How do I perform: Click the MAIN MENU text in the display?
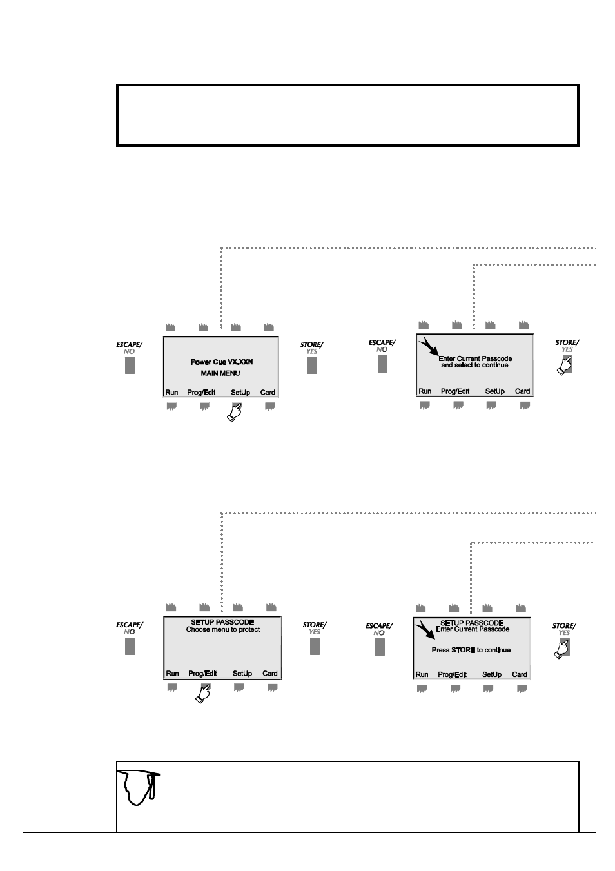[220, 373]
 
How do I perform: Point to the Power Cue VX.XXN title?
[222, 362]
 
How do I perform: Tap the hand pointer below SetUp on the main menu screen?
[235, 411]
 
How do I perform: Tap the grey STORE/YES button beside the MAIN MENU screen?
[313, 366]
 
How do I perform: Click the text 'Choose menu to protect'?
[223, 629]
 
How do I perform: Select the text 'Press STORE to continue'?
[471, 650]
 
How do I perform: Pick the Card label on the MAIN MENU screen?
[268, 393]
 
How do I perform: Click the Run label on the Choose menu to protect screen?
[172, 674]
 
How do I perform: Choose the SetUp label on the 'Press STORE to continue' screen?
[492, 674]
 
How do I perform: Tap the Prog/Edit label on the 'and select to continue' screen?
[455, 391]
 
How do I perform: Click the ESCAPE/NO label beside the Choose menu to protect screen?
[130, 628]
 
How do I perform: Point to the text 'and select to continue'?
[474, 366]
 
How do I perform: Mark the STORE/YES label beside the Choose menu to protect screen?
[315, 628]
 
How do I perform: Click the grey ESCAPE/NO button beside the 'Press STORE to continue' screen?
[380, 647]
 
